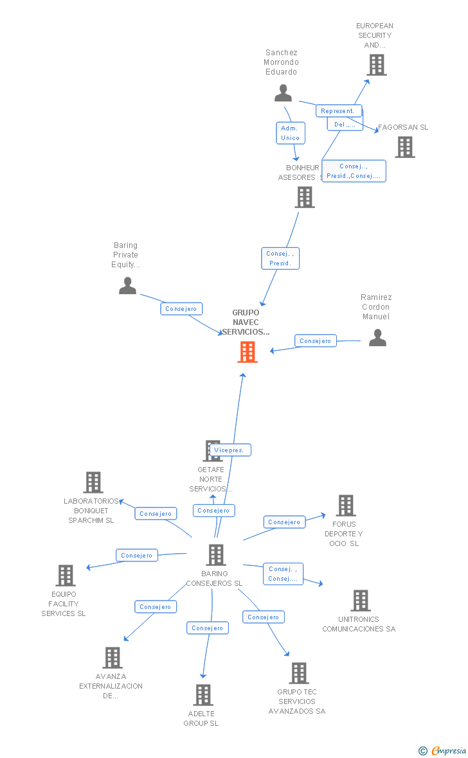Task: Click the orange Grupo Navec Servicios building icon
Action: coord(248,352)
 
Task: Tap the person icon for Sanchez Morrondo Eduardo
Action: coord(283,94)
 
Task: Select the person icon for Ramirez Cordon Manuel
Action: coord(377,338)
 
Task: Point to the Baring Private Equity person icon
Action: coord(127,286)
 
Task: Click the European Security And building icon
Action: coord(376,65)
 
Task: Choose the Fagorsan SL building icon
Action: coord(404,147)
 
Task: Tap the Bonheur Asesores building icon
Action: coord(304,197)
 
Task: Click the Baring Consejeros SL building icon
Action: coord(215,555)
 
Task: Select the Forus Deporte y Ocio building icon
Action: coord(345,506)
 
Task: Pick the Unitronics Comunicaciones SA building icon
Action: coord(360,601)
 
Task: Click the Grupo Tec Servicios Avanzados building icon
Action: coord(298,673)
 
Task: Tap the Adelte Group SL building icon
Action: coord(203,695)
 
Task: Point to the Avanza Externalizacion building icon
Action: coord(113,658)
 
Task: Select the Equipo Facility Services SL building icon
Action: coord(66,576)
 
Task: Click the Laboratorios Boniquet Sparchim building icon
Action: coord(93,482)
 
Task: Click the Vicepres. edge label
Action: coord(230,450)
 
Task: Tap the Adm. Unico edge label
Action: coord(290,133)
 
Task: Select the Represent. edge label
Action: coord(338,111)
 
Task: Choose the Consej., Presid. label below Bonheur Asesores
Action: coord(280,258)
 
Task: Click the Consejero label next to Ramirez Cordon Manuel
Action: coord(315,341)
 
